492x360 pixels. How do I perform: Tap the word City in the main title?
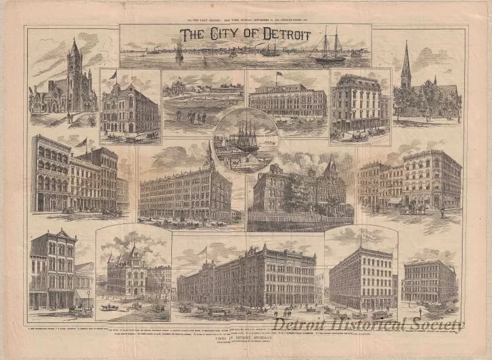[220, 35]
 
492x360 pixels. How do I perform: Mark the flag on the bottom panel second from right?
[362, 234]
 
